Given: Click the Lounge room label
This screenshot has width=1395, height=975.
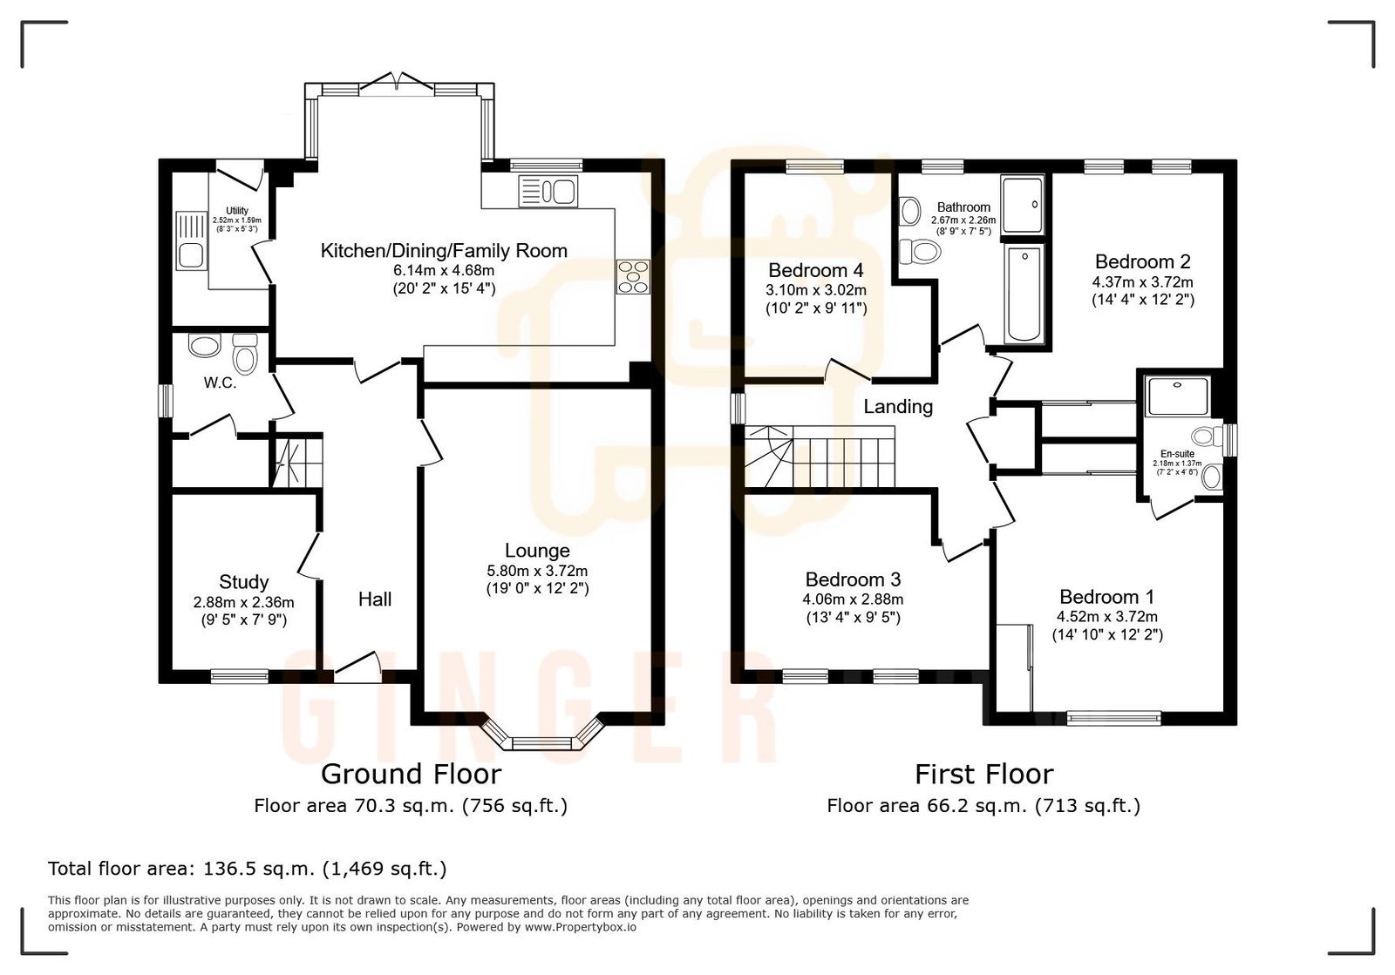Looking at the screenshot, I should click(x=537, y=551).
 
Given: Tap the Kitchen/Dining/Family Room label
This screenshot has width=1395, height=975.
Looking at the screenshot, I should click(x=444, y=251).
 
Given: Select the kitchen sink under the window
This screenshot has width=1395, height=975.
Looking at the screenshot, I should click(x=548, y=191).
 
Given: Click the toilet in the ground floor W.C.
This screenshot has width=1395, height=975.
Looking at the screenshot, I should click(x=245, y=355).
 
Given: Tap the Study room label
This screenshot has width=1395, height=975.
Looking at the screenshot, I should click(x=243, y=582).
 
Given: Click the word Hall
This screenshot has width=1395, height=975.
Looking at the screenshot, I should click(x=375, y=599).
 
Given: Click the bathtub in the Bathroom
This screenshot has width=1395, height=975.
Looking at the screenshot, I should click(x=1024, y=294).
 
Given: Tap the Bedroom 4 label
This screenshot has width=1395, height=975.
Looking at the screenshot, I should click(x=815, y=270).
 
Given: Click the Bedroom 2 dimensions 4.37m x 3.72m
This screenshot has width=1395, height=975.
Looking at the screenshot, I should click(x=1142, y=282).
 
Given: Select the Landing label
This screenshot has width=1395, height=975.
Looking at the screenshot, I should click(x=898, y=407).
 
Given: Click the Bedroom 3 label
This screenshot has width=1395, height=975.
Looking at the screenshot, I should click(x=853, y=580).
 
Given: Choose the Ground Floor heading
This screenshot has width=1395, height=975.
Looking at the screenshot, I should click(x=411, y=774).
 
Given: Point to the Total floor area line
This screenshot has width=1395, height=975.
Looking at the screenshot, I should click(x=247, y=869).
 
